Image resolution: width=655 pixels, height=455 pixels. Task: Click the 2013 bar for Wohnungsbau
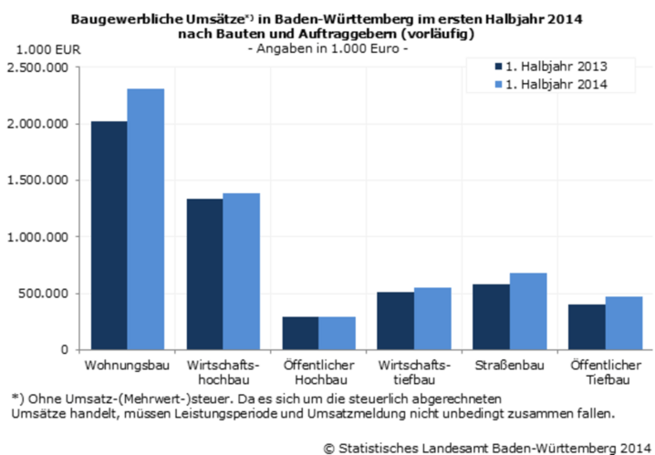click(109, 235)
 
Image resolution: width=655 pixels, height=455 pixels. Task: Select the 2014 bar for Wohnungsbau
click(146, 219)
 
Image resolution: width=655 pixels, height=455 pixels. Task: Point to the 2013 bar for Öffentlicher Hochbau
click(300, 333)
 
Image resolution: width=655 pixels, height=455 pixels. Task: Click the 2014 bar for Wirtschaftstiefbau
click(433, 318)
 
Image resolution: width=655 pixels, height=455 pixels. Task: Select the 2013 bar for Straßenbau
click(491, 316)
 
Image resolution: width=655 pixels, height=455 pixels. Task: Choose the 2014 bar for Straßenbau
click(528, 311)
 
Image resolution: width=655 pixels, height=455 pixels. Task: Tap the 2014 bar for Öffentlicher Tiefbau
click(624, 323)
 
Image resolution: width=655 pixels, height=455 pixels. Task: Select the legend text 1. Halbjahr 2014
click(556, 84)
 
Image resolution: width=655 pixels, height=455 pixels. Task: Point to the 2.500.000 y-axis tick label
click(36, 67)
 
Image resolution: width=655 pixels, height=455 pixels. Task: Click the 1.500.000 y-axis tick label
click(36, 181)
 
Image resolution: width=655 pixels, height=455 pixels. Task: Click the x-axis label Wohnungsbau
click(127, 366)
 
